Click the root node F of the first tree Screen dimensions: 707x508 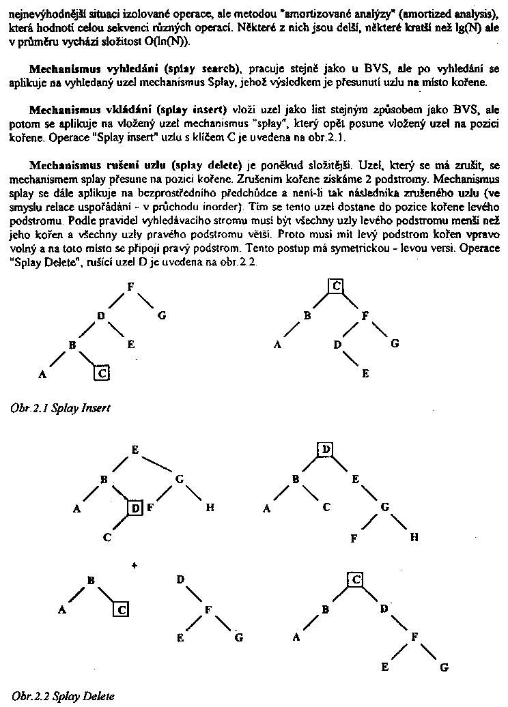point(129,286)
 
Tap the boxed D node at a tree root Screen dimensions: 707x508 point(326,449)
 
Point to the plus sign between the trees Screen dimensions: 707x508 point(133,564)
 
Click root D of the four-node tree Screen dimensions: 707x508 point(180,579)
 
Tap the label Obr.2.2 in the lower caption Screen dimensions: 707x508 point(27,696)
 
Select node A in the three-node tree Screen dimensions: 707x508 point(63,610)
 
